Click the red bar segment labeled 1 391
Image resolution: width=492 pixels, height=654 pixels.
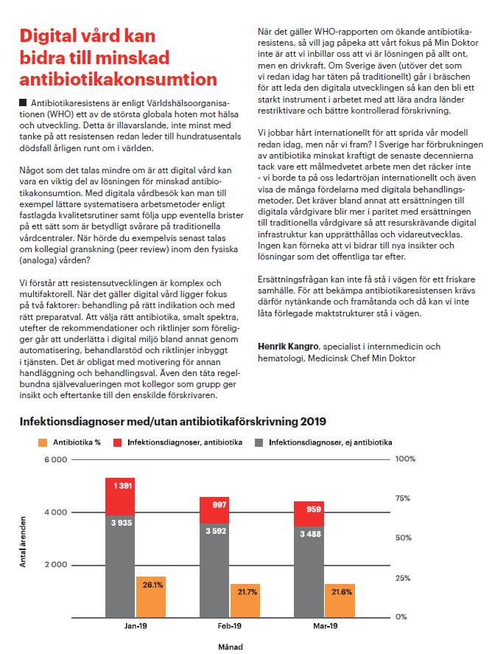point(120,497)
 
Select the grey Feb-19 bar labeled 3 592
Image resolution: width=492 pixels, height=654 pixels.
point(214,571)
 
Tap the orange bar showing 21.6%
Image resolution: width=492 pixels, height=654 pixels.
point(340,601)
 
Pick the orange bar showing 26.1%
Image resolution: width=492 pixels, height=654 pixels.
point(151,597)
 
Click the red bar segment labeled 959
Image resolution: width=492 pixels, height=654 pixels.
point(309,514)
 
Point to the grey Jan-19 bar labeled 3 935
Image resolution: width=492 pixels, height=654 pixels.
point(120,567)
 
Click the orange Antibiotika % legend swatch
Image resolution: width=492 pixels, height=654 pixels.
point(43,442)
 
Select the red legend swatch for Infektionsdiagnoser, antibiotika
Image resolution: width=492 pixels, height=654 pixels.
point(118,442)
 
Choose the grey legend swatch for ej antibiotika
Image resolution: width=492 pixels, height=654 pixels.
point(259,442)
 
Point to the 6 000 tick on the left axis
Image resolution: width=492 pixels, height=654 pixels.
point(56,459)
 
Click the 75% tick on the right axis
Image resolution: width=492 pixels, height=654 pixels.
point(402,498)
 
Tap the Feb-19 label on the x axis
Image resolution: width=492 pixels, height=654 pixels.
point(230,626)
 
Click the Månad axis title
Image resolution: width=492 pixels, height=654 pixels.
point(231,647)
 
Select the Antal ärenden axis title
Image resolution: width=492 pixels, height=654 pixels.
point(23,542)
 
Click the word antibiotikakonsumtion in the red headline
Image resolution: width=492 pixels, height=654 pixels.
point(119,79)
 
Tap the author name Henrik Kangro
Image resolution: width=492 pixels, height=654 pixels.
point(288,347)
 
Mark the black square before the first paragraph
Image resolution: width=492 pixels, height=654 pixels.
point(23,102)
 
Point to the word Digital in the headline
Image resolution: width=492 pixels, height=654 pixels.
point(47,36)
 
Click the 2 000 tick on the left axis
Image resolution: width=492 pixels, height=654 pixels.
point(56,565)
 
